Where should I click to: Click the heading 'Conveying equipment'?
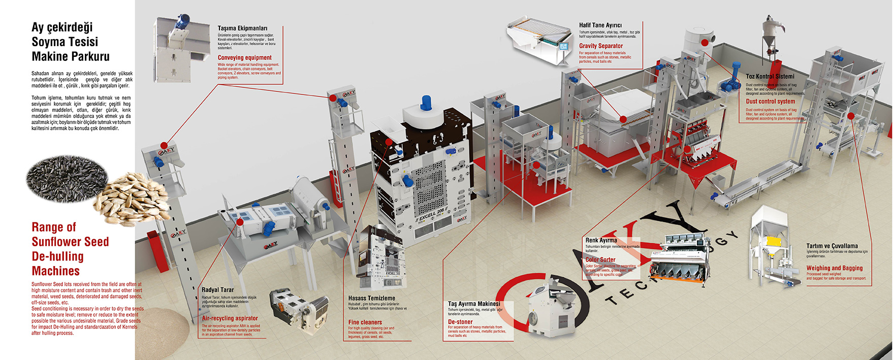[x=244, y=58]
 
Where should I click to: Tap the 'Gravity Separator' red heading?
[x=600, y=46]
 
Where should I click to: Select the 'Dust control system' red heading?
[x=770, y=102]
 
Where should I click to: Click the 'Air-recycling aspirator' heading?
[x=230, y=318]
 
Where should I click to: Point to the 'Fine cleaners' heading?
[x=365, y=322]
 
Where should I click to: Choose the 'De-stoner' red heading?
[x=460, y=322]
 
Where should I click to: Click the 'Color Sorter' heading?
[x=600, y=259]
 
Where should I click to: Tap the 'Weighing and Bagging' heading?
[x=834, y=268]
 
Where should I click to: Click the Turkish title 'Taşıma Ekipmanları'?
[x=242, y=28]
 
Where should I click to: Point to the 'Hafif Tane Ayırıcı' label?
[x=600, y=25]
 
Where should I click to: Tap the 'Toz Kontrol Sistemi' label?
[x=770, y=77]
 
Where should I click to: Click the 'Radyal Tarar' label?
[x=217, y=290]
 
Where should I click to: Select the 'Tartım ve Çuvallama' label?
[x=832, y=246]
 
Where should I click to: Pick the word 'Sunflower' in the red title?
[x=70, y=242]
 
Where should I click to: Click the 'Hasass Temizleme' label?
[x=371, y=298]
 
